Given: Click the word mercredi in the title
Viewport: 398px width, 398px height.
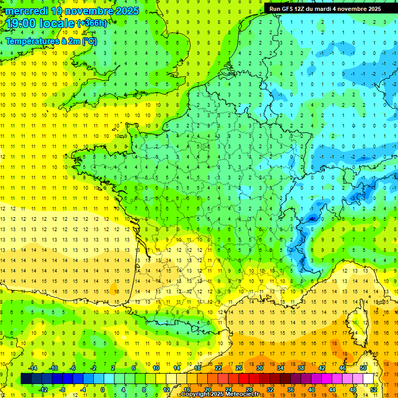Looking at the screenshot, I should pos(29,11).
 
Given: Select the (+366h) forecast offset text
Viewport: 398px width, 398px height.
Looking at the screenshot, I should pos(92,23).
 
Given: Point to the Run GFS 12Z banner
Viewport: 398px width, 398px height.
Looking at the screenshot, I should pos(325,9).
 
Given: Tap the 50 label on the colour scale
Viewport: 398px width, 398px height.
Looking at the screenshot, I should pos(363,368).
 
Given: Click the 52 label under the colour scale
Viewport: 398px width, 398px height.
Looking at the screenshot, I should pos(374,390).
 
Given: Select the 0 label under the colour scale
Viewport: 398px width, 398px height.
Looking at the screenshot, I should pos(103,390).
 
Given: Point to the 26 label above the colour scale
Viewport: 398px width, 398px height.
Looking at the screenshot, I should pos(239,368).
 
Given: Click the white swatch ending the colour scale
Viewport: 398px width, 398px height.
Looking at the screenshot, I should pos(368,379).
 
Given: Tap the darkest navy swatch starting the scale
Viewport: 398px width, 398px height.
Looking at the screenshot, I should pos(26,379).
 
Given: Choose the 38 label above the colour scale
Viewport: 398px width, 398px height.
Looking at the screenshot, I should pos(301,368).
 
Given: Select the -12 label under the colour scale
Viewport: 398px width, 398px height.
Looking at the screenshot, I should pos(43,390).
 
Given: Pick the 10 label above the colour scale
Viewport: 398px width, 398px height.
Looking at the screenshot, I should pos(156,368).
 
